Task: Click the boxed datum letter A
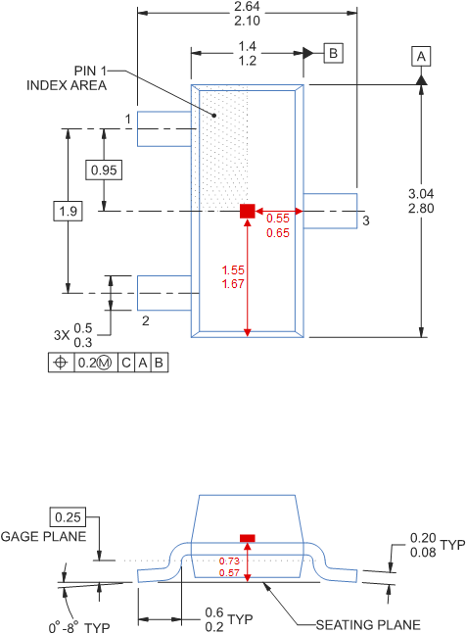(x=421, y=57)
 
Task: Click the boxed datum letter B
(x=333, y=53)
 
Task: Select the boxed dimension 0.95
(x=104, y=171)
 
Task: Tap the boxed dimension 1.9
(x=67, y=210)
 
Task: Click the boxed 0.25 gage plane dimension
(x=68, y=516)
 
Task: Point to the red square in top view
(x=248, y=211)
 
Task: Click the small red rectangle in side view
(x=248, y=538)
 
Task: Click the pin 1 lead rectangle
(x=163, y=127)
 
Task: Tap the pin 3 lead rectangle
(x=332, y=211)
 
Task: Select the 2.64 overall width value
(x=248, y=6)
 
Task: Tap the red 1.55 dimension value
(x=233, y=269)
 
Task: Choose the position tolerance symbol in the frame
(x=62, y=362)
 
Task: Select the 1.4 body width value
(x=247, y=46)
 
